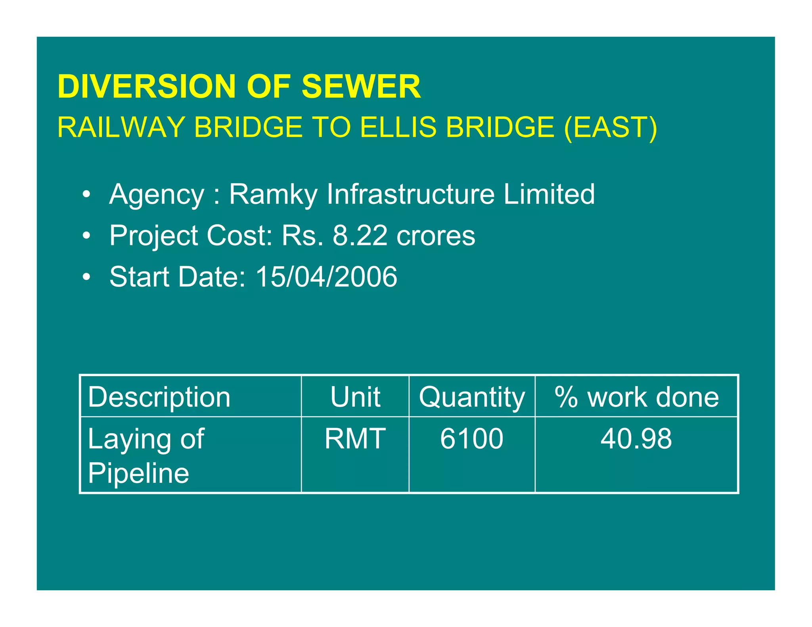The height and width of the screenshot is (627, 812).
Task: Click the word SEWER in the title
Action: (x=361, y=86)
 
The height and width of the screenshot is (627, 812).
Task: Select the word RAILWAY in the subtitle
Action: (x=121, y=127)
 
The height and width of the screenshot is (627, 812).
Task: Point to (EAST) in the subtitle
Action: (x=610, y=127)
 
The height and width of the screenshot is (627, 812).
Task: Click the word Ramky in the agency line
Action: (x=273, y=194)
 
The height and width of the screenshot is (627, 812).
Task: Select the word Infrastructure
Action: (x=410, y=194)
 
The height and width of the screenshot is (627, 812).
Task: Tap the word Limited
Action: (x=549, y=194)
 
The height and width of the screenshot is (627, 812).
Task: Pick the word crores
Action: (x=436, y=235)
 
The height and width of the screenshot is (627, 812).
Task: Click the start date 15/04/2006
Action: (x=326, y=277)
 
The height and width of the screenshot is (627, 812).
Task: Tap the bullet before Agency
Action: (x=86, y=195)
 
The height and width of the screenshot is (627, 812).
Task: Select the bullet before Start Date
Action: (x=86, y=277)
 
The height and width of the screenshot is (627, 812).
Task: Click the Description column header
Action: (x=159, y=397)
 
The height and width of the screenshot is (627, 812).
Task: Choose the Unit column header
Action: (x=355, y=397)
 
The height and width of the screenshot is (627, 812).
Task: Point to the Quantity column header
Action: (x=472, y=397)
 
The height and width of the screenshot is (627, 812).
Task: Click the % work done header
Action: (x=636, y=397)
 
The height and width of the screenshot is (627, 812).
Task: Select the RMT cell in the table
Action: (x=355, y=439)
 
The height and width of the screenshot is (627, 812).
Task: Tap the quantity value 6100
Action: (x=472, y=439)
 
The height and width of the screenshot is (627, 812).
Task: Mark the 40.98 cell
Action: (x=636, y=439)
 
